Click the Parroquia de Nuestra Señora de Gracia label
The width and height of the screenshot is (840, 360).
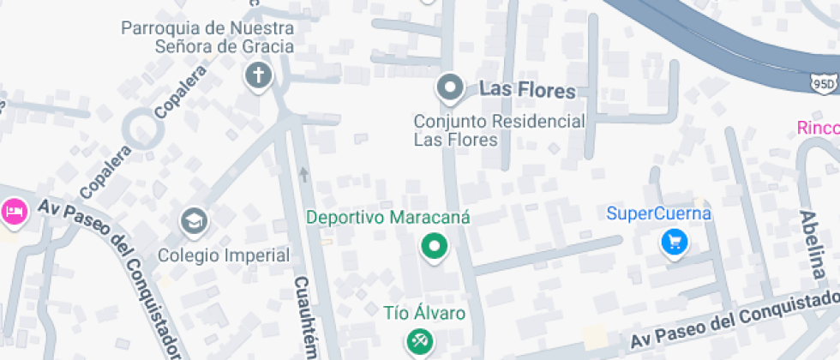(207, 37)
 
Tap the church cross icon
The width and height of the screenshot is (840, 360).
(257, 76)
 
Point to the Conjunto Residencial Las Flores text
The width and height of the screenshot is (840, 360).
(499, 130)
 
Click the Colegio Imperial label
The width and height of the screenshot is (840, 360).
(224, 255)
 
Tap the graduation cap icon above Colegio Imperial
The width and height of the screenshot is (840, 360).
(195, 221)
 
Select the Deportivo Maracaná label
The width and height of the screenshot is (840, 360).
(388, 218)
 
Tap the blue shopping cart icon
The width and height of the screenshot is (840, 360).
(675, 243)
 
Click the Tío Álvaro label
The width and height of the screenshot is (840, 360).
(424, 313)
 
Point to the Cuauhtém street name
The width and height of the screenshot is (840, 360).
(306, 317)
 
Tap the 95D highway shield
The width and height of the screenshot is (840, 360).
(823, 82)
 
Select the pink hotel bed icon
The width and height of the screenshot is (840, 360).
(14, 211)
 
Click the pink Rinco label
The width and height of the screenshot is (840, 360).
(818, 129)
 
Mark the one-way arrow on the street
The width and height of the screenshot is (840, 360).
(303, 175)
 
